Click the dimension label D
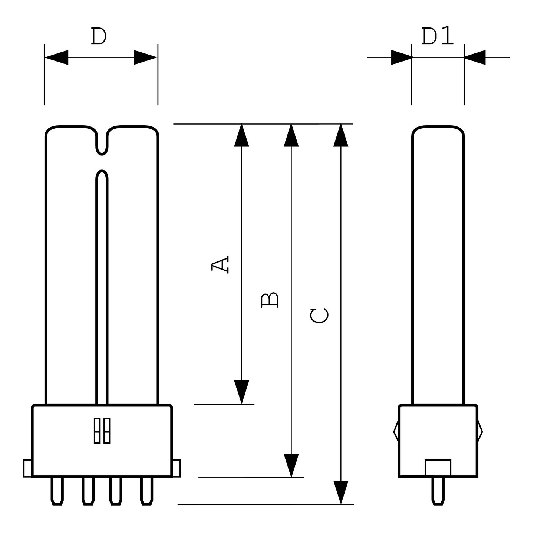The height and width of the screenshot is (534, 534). coord(99,37)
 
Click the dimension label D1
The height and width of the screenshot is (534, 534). coord(438,37)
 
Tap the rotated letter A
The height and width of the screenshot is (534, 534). coord(220,264)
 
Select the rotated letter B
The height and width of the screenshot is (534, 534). coord(270,300)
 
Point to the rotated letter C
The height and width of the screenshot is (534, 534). coord(319,316)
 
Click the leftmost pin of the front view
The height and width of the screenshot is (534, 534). coord(57,491)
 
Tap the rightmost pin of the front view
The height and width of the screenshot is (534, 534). coord(146,491)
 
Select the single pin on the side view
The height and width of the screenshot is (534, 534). coord(438,491)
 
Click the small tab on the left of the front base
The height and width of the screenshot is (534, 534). coord(27,468)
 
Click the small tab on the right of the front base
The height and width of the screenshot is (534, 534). coord(177,468)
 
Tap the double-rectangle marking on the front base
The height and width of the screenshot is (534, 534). coord(102,431)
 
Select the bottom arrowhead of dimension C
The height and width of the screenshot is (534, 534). coord(341,492)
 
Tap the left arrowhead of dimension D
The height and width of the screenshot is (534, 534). coord(56,57)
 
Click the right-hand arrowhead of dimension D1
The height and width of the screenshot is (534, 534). coord(475,57)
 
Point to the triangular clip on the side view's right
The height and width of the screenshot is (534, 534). coord(480,432)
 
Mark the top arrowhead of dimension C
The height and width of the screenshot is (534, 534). coord(341,135)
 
